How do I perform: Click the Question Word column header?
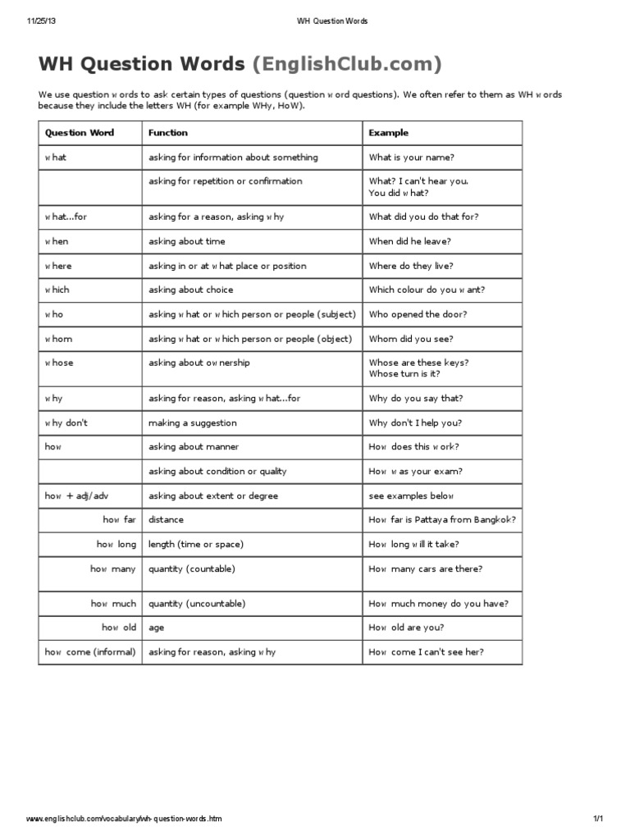click(79, 133)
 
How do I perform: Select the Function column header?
click(167, 133)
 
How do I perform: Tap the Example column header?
click(388, 133)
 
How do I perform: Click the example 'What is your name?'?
click(411, 157)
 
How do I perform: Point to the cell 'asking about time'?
click(186, 242)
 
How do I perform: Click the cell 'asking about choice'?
click(190, 290)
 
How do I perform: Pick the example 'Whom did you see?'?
click(410, 340)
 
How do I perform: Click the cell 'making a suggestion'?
click(192, 423)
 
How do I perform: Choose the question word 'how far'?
click(119, 520)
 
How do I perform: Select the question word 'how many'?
click(113, 569)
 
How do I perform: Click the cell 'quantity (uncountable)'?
click(197, 604)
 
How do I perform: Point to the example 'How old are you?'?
click(406, 628)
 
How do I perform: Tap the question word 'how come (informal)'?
click(90, 653)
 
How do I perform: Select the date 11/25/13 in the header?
click(40, 21)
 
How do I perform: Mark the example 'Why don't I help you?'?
click(415, 423)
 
